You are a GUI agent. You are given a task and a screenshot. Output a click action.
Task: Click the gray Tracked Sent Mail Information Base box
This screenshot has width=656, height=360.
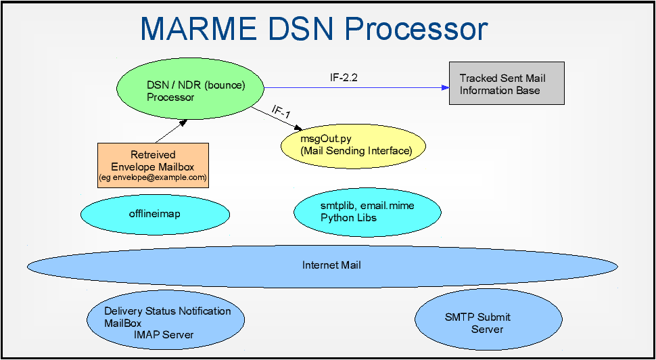pyautogui.click(x=507, y=83)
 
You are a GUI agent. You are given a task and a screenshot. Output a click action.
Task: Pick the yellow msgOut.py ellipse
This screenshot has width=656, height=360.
pyautogui.click(x=354, y=145)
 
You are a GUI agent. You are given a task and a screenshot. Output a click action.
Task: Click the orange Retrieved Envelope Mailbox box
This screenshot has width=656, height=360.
pyautogui.click(x=153, y=165)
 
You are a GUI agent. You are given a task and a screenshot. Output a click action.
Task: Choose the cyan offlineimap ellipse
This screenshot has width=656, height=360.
pyautogui.click(x=155, y=214)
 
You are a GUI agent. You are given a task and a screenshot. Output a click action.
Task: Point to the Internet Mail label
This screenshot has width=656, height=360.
pyautogui.click(x=331, y=265)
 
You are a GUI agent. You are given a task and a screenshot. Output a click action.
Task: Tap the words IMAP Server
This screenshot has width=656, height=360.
pyautogui.click(x=164, y=334)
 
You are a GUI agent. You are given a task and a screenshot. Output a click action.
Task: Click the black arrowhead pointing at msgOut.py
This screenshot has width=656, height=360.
pyautogui.click(x=298, y=127)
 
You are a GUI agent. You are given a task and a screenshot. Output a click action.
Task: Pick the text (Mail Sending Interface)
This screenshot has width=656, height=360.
pyautogui.click(x=356, y=150)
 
